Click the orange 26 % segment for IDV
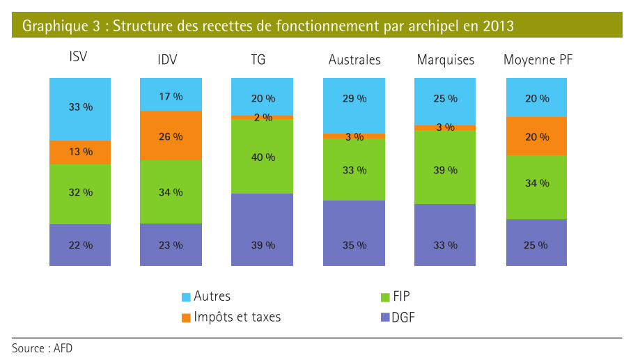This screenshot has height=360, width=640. pyautogui.click(x=171, y=136)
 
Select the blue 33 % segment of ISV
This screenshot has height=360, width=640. pyautogui.click(x=80, y=108)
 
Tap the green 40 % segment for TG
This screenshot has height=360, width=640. pyautogui.click(x=263, y=157)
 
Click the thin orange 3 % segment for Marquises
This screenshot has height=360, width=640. pyautogui.click(x=445, y=127)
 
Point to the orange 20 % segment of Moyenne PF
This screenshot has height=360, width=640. pyautogui.click(x=536, y=136)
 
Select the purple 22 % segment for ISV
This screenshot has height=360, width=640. pyautogui.click(x=80, y=244)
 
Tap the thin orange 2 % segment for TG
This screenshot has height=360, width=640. pyautogui.click(x=263, y=117)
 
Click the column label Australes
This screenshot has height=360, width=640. pyautogui.click(x=354, y=60)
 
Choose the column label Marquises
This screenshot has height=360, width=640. pyautogui.click(x=445, y=60)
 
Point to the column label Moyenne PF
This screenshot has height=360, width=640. pyautogui.click(x=538, y=60)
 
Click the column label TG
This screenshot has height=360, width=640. pyautogui.click(x=258, y=60)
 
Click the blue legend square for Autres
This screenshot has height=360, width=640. pyautogui.click(x=186, y=297)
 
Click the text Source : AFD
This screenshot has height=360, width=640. pyautogui.click(x=42, y=347)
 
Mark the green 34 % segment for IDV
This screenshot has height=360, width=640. pyautogui.click(x=171, y=191)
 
